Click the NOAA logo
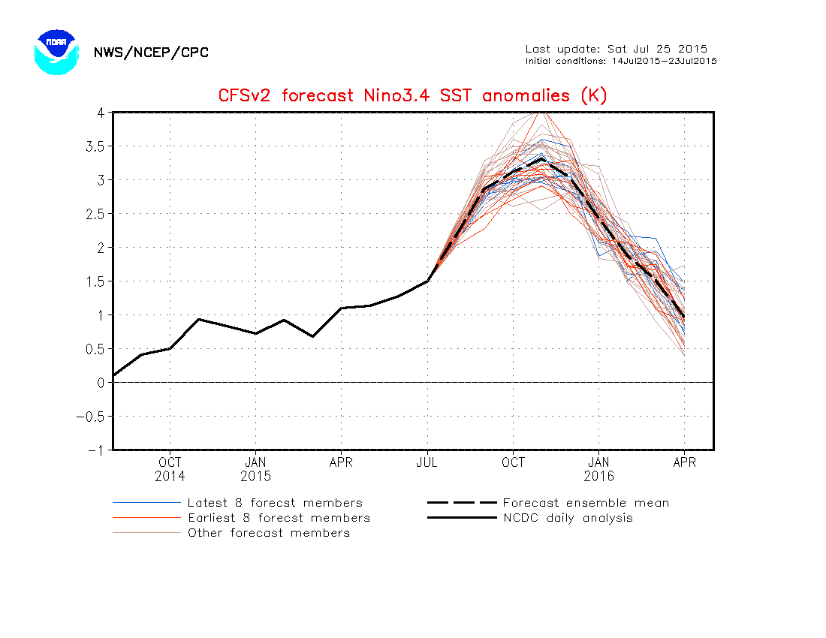click(x=56, y=52)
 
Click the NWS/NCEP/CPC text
click(x=151, y=53)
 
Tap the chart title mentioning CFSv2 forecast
click(x=412, y=96)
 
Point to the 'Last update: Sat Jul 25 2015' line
click(x=616, y=50)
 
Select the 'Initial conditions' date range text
click(x=621, y=61)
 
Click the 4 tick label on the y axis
click(x=98, y=113)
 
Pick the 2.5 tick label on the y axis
click(x=92, y=214)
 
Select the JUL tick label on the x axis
click(x=428, y=462)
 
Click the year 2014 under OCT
click(x=170, y=477)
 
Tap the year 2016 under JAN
click(x=598, y=477)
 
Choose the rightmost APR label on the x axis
click(x=684, y=462)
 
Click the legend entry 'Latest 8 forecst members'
click(x=275, y=503)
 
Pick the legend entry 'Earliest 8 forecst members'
click(x=279, y=518)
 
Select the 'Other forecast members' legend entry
click(x=269, y=533)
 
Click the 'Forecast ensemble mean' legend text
click(x=586, y=503)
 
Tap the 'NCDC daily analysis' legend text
click(x=568, y=518)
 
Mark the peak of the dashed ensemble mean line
click(x=542, y=158)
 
